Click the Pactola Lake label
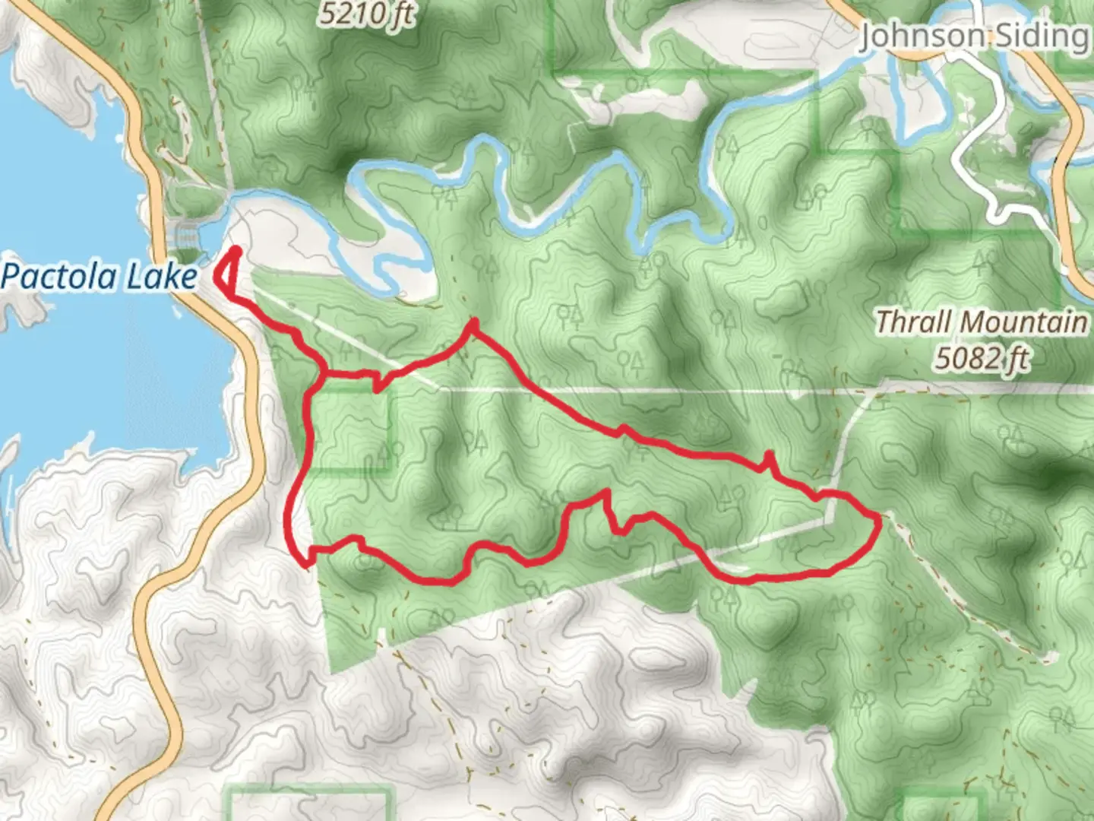[99, 277]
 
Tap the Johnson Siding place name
[974, 36]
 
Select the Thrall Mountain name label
[981, 322]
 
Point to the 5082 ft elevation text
[982, 357]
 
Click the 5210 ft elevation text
[366, 14]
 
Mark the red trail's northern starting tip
[236, 251]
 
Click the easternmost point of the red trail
[879, 521]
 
